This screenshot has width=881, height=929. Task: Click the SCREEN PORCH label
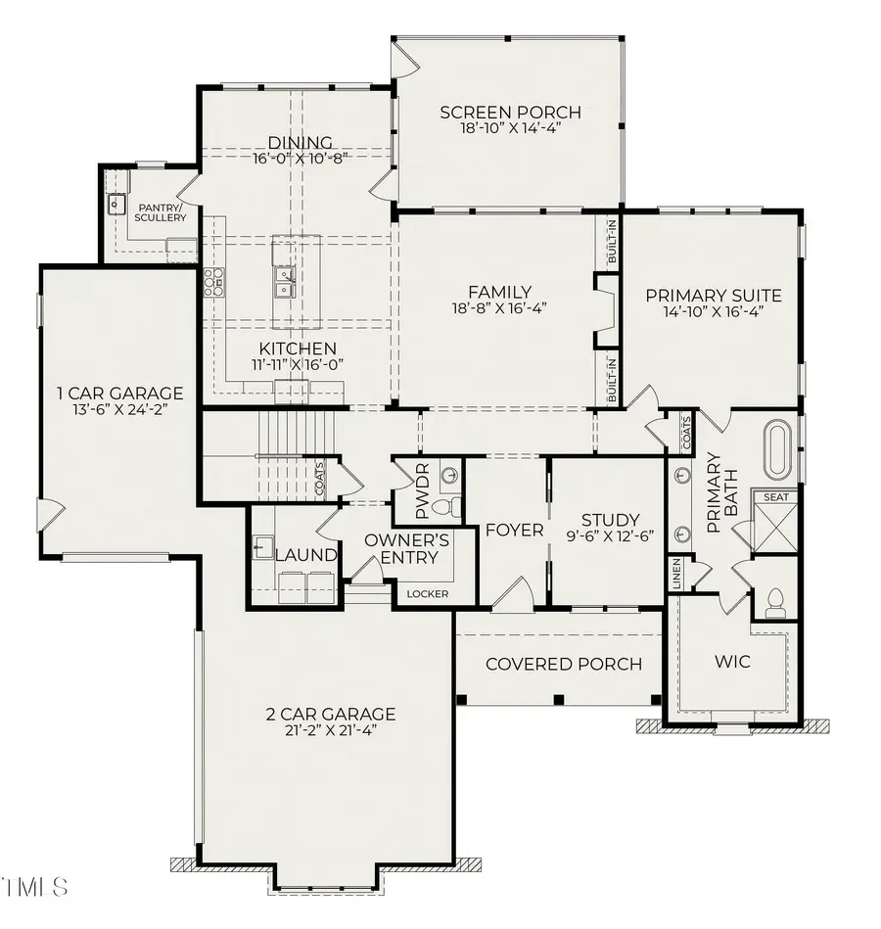509,112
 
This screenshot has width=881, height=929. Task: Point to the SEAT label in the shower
776,496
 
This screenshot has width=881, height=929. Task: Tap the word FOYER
514,530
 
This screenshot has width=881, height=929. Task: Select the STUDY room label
610,520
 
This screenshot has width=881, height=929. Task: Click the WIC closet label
731,662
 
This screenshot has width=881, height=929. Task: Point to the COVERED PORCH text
564,664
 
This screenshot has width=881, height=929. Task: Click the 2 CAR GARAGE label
330,714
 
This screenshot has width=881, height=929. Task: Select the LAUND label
306,555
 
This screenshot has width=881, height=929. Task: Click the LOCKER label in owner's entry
427,594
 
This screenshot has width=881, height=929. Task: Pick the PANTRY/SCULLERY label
162,212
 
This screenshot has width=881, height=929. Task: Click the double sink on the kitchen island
285,283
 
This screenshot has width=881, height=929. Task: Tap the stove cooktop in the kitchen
213,282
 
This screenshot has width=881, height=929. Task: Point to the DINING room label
300,143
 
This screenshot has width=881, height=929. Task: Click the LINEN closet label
676,574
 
